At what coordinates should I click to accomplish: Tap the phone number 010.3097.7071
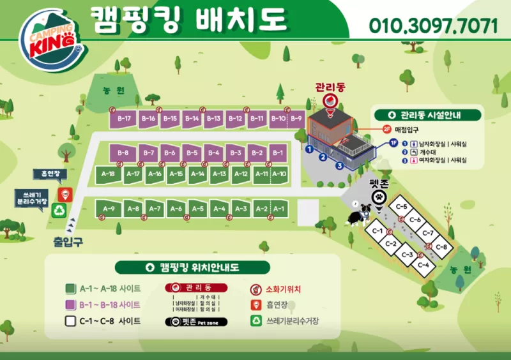tap(433, 26)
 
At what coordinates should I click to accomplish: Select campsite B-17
tap(124, 119)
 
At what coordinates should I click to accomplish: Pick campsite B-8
tap(123, 153)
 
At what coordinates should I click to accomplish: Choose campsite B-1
tap(277, 153)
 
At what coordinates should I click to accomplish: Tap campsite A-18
tap(108, 174)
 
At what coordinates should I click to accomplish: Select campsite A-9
tap(108, 209)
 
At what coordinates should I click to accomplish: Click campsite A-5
tap(197, 209)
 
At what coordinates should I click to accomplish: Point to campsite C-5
tap(402, 207)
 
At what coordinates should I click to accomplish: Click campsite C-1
tap(377, 232)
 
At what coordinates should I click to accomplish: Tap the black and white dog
tap(358, 214)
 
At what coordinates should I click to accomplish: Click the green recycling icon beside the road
tap(60, 211)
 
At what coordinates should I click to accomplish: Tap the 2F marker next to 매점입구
tap(386, 129)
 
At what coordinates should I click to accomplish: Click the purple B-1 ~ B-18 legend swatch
tap(70, 304)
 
